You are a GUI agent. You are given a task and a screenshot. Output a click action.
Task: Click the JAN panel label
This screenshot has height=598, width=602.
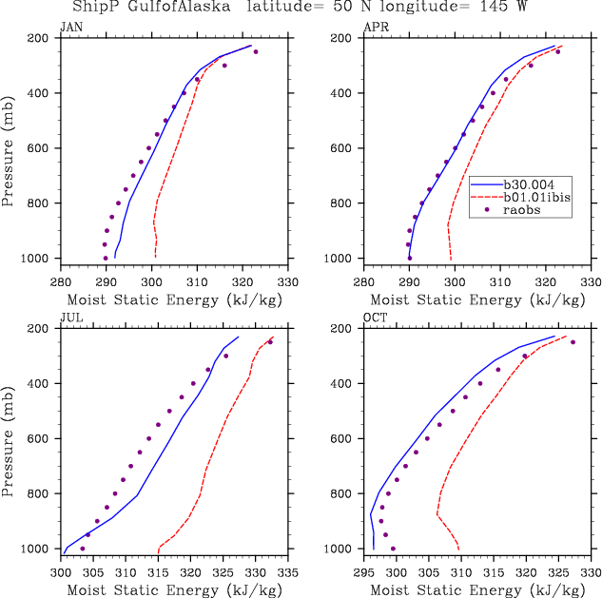(x=70, y=28)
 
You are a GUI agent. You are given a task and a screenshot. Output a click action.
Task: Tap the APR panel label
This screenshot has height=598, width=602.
(x=375, y=28)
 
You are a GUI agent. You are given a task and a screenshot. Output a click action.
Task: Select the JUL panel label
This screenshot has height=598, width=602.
(x=70, y=318)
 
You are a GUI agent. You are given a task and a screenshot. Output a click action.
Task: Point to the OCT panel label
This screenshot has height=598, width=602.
(x=375, y=318)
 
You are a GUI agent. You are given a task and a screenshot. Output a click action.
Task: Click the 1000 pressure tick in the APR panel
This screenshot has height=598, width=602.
(x=344, y=259)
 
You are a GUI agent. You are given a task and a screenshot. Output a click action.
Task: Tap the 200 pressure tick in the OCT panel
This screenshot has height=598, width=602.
(x=347, y=329)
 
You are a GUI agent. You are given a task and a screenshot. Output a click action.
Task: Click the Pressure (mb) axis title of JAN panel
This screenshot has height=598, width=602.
(x=9, y=148)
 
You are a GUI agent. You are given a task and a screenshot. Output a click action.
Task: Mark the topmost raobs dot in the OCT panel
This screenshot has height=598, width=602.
(x=573, y=342)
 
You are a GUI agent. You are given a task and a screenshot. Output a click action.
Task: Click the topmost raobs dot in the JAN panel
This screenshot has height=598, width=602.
(x=255, y=51)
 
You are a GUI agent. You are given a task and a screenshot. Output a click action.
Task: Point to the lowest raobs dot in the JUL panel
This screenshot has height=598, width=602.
(x=83, y=549)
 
